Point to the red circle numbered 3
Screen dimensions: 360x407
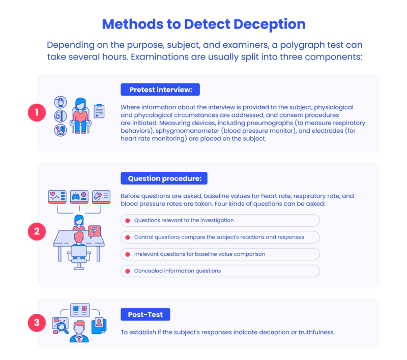tap(37, 322)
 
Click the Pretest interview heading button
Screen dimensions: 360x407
tap(160, 89)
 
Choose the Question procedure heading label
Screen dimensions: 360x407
tap(164, 178)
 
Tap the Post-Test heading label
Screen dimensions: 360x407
tap(145, 315)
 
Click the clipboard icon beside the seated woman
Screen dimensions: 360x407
tap(99, 110)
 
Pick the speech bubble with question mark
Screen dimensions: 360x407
tap(94, 232)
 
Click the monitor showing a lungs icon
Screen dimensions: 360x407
tap(79, 196)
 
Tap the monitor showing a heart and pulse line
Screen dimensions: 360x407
tap(56, 196)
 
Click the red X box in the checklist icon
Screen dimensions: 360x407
tap(84, 309)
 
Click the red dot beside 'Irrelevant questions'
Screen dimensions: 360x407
tap(127, 254)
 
